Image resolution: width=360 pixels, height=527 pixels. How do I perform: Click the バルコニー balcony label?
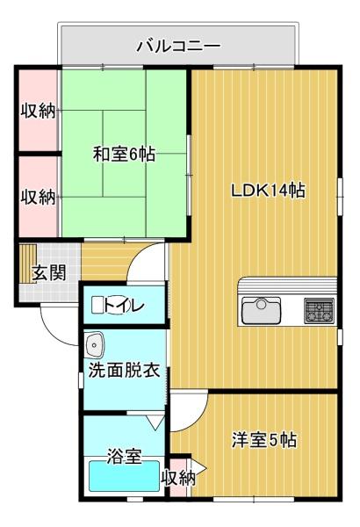(x=177, y=45)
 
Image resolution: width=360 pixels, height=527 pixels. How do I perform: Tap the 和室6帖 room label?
(x=124, y=155)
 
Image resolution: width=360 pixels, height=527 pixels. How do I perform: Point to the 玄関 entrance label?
(x=49, y=272)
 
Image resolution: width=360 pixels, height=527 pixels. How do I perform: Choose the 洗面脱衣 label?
(x=124, y=370)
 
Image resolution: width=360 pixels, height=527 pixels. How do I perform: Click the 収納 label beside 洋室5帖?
(x=178, y=478)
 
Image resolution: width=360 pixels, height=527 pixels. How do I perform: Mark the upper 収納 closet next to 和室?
(x=38, y=111)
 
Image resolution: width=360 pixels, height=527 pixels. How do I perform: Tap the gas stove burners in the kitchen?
(x=319, y=310)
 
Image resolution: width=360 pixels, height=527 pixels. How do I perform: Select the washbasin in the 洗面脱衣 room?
(x=96, y=343)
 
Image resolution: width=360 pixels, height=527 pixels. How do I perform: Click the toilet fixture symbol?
(x=98, y=306)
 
